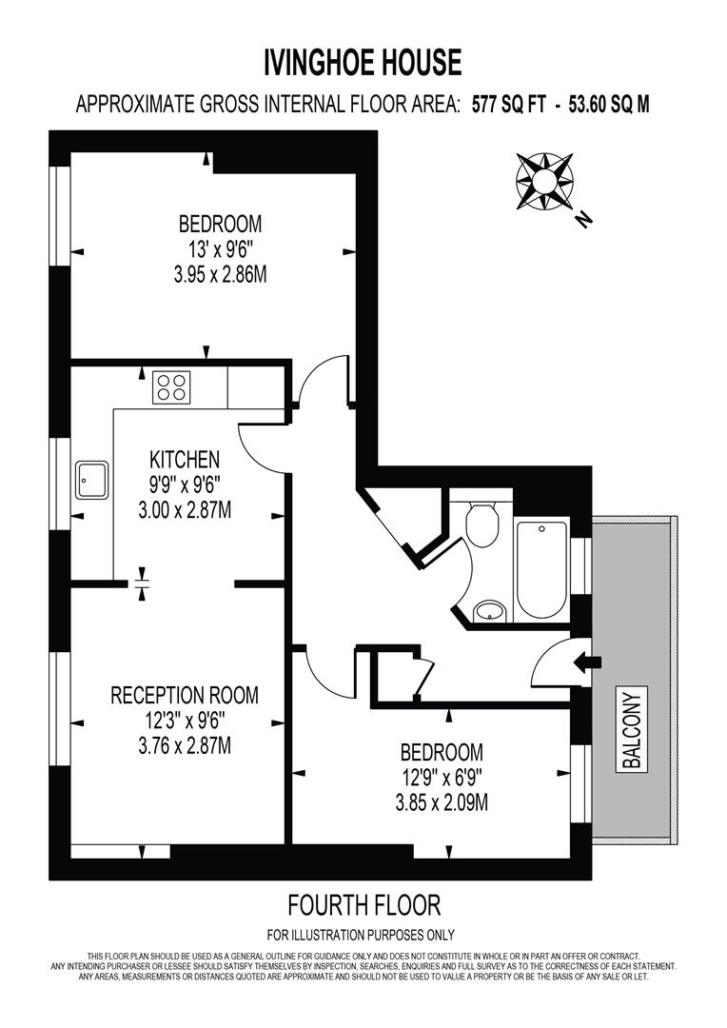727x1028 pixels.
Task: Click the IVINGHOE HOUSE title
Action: click(363, 64)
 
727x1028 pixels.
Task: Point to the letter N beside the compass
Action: click(583, 220)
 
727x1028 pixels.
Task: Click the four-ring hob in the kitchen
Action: click(171, 386)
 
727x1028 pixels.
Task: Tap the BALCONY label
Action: click(633, 728)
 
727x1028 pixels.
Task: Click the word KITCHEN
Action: click(185, 459)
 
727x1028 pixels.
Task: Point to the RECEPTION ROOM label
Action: click(185, 696)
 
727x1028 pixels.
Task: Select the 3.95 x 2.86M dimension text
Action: click(220, 277)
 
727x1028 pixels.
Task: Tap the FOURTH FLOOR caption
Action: click(363, 904)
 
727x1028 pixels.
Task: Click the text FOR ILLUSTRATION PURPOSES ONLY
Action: click(361, 935)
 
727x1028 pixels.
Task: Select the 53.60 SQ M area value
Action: click(610, 105)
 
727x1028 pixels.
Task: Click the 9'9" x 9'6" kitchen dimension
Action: click(185, 484)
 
